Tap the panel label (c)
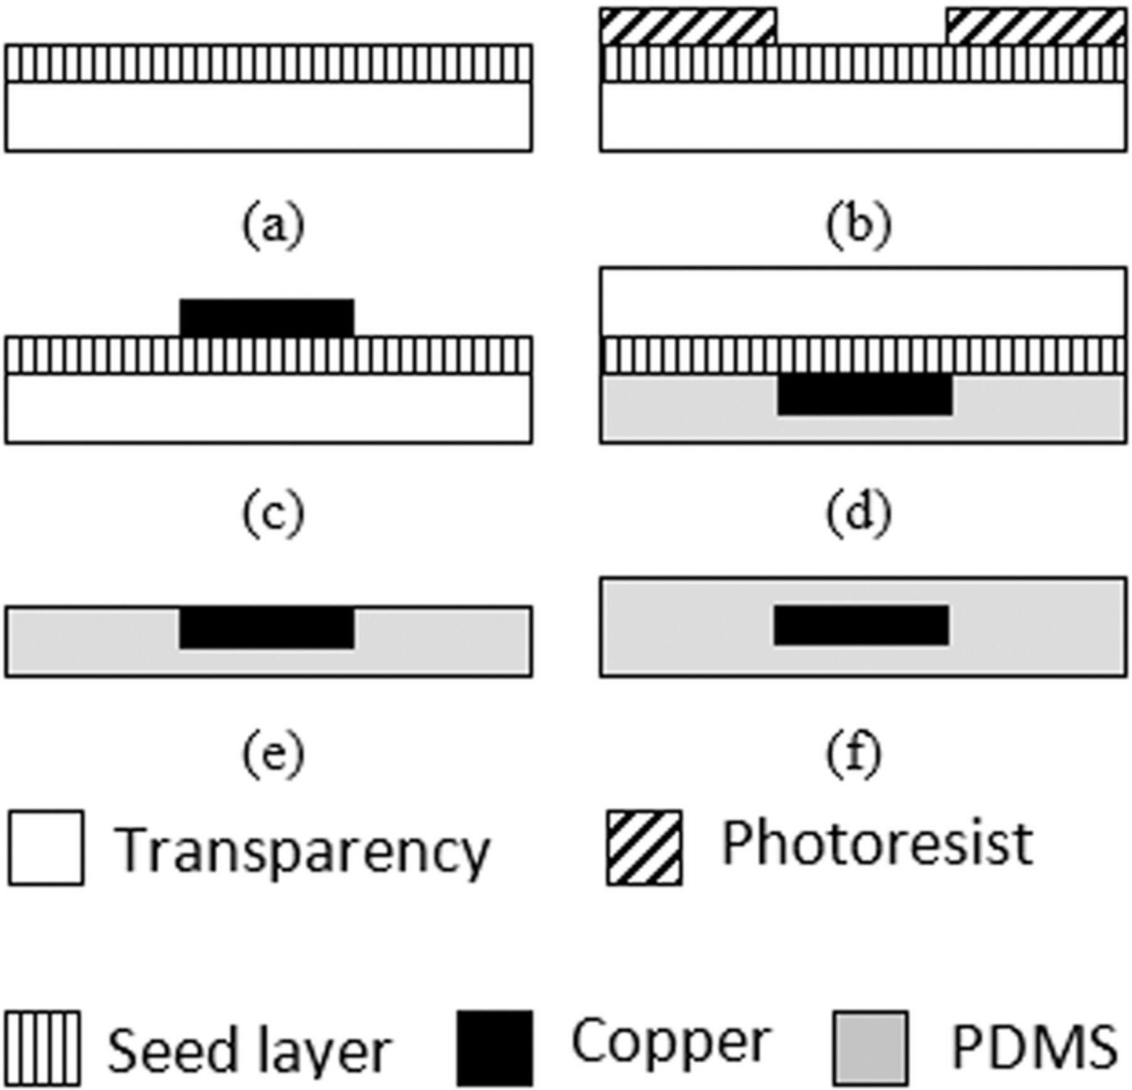click(273, 514)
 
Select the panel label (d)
click(858, 514)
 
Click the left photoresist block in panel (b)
click(688, 26)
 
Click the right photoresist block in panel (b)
click(1036, 26)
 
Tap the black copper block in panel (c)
click(267, 318)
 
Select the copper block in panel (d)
click(865, 394)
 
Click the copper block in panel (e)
click(267, 627)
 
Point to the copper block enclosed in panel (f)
click(861, 625)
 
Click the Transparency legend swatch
click(46, 848)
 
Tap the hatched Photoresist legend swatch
click(644, 848)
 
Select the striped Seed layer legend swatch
click(43, 1048)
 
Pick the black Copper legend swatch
click(494, 1048)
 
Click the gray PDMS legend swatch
click(871, 1048)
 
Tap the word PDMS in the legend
click(1035, 1047)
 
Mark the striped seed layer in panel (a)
click(269, 63)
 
